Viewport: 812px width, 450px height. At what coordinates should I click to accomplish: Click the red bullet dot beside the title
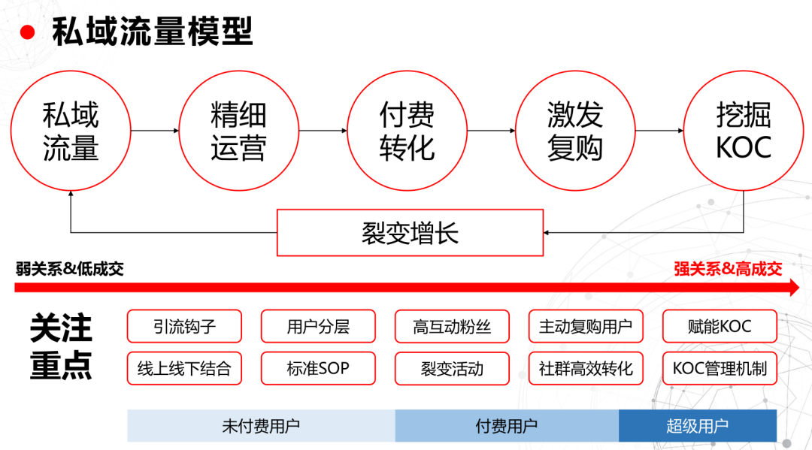28,32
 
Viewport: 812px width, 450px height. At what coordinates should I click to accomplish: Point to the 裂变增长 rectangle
411,232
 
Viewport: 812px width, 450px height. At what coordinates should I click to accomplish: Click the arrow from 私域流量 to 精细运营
155,131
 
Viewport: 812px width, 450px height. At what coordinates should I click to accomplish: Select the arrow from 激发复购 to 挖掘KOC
659,131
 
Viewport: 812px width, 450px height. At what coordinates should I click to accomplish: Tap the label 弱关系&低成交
69,269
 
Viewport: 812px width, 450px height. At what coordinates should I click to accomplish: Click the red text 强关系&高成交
728,269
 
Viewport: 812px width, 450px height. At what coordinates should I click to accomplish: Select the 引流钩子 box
184,327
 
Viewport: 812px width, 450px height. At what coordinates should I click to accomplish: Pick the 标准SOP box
318,369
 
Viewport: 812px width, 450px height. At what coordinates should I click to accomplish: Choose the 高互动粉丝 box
452,327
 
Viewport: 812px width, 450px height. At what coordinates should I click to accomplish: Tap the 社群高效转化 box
586,369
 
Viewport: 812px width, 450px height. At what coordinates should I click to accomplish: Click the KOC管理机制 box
720,369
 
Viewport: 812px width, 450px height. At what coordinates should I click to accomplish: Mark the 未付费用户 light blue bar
261,426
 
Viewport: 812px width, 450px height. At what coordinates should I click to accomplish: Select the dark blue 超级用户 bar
697,426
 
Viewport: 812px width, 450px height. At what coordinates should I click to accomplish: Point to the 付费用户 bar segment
507,426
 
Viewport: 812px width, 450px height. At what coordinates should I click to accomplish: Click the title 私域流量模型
153,32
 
